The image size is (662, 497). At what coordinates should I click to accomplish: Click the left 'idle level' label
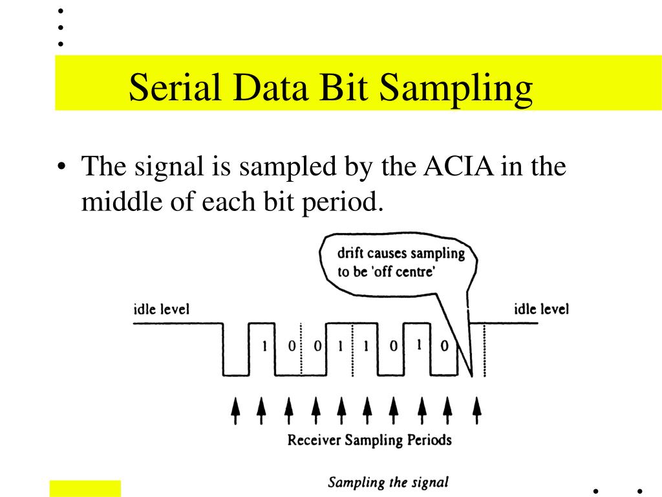pos(157,309)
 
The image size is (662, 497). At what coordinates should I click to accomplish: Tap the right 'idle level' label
pos(540,309)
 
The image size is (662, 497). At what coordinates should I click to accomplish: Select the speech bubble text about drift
pos(401,262)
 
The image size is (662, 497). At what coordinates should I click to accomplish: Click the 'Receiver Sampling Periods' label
pos(369,441)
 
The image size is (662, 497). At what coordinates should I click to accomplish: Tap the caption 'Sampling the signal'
pos(388,482)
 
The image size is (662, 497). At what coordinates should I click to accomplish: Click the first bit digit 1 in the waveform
pos(264,346)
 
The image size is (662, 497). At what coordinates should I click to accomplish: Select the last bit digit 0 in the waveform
pos(444,346)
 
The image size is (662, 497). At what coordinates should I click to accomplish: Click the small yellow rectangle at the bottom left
pos(85,489)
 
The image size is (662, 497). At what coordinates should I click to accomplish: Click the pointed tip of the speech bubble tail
pos(473,375)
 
